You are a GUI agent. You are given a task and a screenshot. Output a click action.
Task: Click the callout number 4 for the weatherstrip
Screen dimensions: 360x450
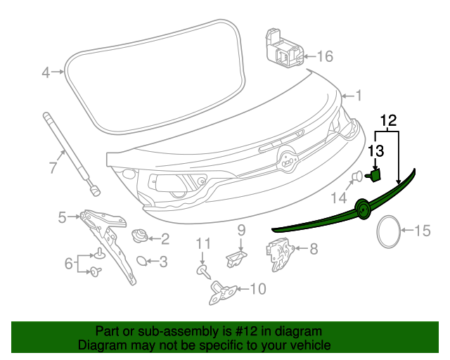coord(45,72)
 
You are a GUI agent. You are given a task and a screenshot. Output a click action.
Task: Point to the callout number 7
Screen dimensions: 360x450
coord(51,167)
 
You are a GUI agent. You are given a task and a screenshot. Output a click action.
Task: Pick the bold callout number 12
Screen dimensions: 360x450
coord(389,120)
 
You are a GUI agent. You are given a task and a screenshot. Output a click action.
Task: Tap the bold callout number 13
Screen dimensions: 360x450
coord(375,150)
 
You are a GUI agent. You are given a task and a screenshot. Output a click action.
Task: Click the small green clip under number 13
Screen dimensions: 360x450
coord(374,174)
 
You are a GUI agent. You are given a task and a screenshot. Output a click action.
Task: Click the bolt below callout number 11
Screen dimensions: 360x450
coord(203,270)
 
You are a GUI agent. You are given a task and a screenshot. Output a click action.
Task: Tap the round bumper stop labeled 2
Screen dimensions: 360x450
coord(139,235)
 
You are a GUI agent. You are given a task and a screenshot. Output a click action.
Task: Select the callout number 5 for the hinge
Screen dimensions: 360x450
coord(62,217)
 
